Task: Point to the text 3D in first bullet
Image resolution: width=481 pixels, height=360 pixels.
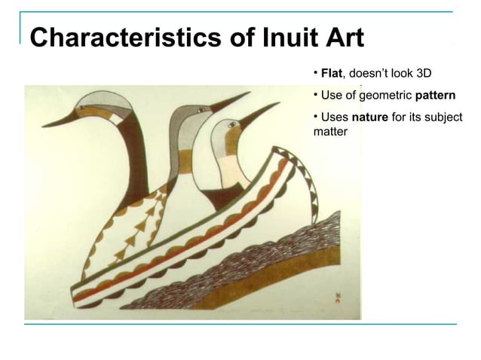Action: click(424, 74)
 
